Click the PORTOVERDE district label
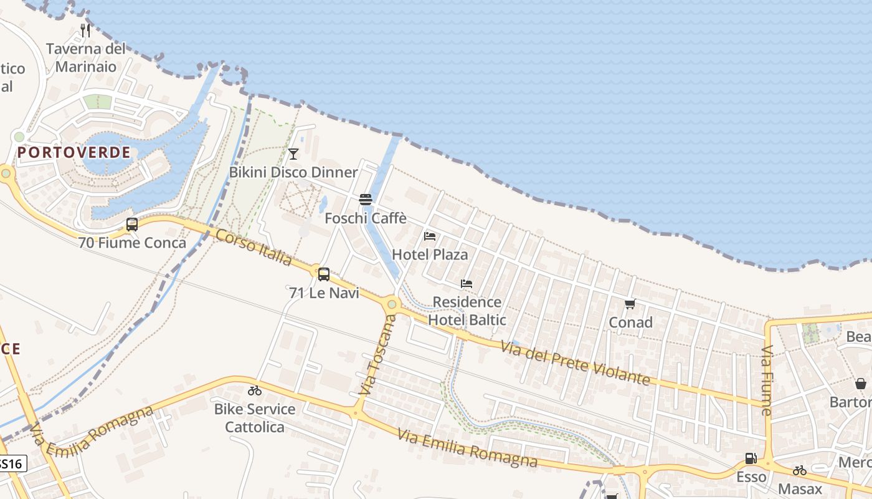[74, 152]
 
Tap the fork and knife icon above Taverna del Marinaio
[85, 30]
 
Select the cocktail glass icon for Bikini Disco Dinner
[293, 153]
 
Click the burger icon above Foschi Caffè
[366, 200]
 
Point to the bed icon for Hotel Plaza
[430, 236]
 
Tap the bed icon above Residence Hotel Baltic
[467, 284]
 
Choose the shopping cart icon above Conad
[630, 304]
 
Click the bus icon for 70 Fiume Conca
[132, 225]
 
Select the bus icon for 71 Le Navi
[324, 274]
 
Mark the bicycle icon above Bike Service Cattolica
[255, 391]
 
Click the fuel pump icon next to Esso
[751, 458]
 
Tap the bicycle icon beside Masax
[800, 470]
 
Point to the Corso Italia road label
[254, 247]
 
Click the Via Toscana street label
[378, 355]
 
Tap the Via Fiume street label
[767, 380]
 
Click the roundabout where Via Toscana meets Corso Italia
[392, 305]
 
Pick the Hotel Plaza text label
[430, 254]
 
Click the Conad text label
[630, 322]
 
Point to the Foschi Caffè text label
[366, 218]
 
